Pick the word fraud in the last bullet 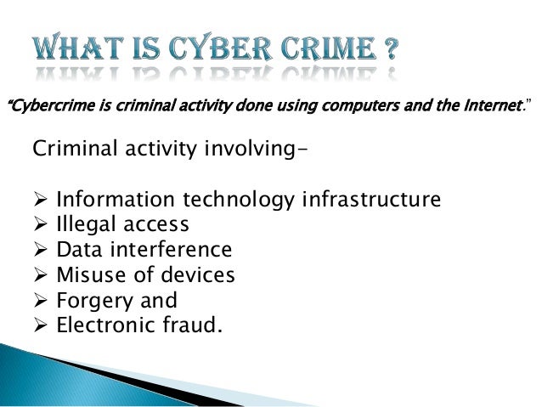tap(187, 325)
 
